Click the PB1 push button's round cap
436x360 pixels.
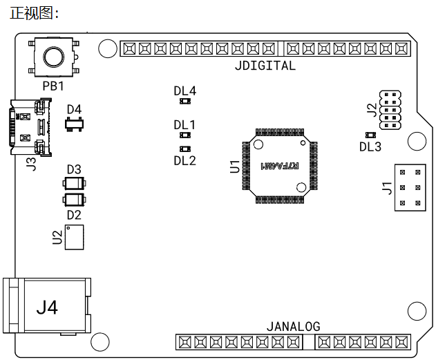[53, 57]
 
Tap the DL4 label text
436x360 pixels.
[185, 91]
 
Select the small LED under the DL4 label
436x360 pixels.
[185, 101]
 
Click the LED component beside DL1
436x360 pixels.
[185, 135]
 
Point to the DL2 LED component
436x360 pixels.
[185, 149]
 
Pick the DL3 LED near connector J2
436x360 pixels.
[370, 135]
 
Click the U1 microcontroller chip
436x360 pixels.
[280, 166]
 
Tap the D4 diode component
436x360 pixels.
[74, 124]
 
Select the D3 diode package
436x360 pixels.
[74, 184]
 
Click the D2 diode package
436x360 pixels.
[74, 200]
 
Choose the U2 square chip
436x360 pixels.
[74, 237]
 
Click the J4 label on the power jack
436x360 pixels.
[47, 307]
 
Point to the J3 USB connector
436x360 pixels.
[30, 126]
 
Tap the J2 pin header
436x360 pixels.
[390, 110]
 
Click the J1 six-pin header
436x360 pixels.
[410, 188]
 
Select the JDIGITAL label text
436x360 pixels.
[265, 66]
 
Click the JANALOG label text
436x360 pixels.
[294, 327]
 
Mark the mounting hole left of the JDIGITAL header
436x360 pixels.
[108, 48]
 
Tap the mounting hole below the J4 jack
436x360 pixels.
[100, 341]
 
